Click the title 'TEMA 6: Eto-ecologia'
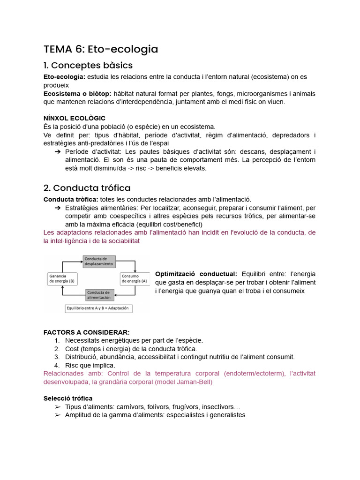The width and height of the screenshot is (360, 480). [x=100, y=49]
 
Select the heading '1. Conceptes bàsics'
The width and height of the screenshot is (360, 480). [x=88, y=65]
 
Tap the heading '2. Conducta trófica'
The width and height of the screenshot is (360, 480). [x=87, y=188]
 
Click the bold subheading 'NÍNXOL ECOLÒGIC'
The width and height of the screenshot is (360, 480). [x=74, y=118]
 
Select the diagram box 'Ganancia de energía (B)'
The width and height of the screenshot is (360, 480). [x=62, y=279]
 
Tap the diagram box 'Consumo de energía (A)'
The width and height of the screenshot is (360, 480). [x=134, y=279]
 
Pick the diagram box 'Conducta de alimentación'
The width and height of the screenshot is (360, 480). [x=99, y=295]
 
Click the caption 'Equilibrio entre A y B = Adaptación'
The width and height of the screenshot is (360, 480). [x=99, y=308]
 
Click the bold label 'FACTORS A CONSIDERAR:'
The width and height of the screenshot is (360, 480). [x=86, y=332]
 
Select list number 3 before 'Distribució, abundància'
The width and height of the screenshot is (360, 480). [x=57, y=357]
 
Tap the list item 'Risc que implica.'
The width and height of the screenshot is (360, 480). [x=90, y=365]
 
